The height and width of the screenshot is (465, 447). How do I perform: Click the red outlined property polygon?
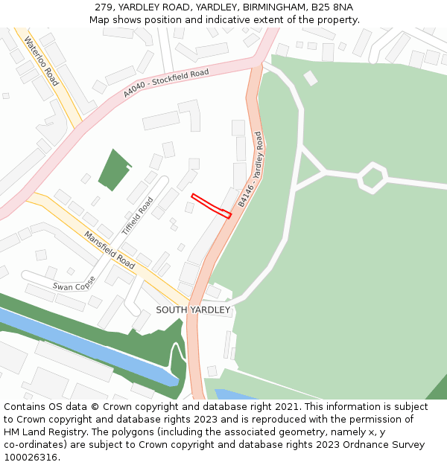[x=212, y=205]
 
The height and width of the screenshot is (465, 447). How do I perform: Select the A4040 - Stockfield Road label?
[x=166, y=83]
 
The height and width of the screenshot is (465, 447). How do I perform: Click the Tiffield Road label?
[x=137, y=217]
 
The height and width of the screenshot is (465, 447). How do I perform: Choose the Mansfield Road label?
[x=110, y=250]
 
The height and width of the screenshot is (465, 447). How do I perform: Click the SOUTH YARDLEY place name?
[x=193, y=310]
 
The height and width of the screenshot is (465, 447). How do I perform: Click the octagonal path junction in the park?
[x=372, y=178]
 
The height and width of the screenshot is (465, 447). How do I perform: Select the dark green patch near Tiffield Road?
[x=115, y=170]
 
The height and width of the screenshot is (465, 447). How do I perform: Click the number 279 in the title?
[x=104, y=7]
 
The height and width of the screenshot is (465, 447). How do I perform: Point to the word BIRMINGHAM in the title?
[x=275, y=7]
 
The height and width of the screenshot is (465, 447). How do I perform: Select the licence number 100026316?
[x=31, y=457]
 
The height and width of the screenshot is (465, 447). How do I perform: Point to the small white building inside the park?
[x=311, y=78]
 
